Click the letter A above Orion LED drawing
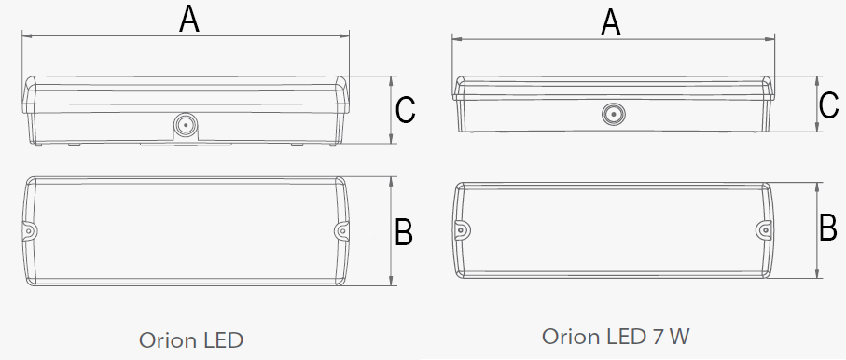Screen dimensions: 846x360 pos(189,20)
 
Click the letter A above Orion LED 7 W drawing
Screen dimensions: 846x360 pos(611,23)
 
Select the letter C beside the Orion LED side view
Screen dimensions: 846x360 pos(405,109)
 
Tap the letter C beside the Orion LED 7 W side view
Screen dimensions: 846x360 pos(828,105)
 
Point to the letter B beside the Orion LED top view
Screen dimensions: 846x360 pos(404,232)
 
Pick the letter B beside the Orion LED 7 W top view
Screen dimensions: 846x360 pos(828,228)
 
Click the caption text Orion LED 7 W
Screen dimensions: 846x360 pos(616,337)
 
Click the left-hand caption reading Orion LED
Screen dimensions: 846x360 pos(191,340)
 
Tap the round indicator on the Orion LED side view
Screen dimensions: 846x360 pos(185,124)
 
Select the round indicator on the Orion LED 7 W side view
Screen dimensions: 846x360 pos(613,114)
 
